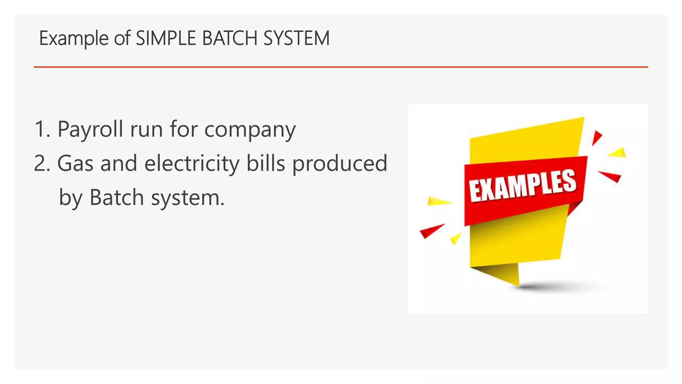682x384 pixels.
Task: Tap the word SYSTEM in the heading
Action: (x=296, y=38)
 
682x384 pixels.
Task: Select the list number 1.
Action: (x=42, y=129)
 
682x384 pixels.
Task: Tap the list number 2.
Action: (x=42, y=163)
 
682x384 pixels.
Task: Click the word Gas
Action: (x=75, y=163)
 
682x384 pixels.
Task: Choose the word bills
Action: (x=266, y=163)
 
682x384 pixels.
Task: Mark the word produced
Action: (x=340, y=164)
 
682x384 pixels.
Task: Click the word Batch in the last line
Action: (x=117, y=197)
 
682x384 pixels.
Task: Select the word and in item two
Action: (x=119, y=163)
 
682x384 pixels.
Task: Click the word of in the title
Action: (x=122, y=38)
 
